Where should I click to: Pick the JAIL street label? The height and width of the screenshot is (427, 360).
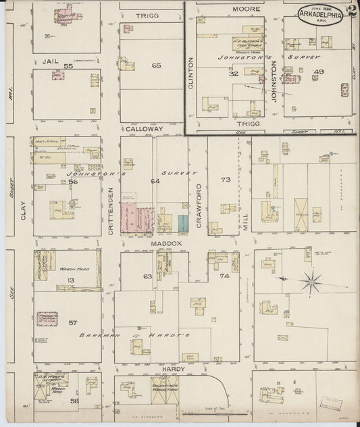[47, 61]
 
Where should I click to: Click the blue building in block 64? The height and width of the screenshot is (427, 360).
[183, 224]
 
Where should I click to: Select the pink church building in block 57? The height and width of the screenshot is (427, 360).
[46, 319]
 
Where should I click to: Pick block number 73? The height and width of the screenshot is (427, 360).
[225, 179]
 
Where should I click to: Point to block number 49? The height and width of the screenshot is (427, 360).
[319, 72]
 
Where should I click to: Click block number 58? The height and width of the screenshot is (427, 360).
[74, 401]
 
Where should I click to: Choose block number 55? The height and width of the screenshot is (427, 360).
[67, 66]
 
